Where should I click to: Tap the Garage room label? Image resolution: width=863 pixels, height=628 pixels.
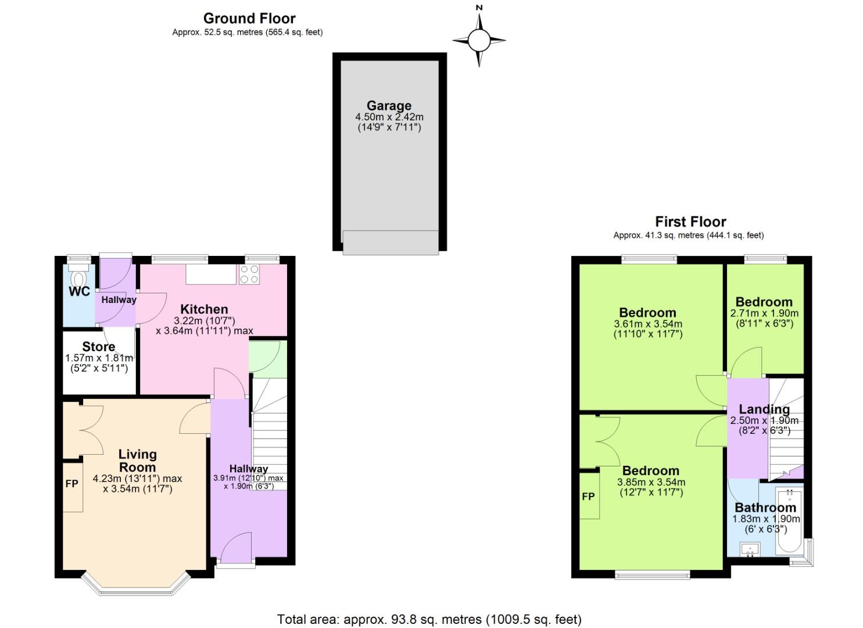(x=389, y=105)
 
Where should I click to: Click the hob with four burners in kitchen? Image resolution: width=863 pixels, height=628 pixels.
(x=249, y=274)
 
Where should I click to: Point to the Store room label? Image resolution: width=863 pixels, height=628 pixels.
(x=98, y=347)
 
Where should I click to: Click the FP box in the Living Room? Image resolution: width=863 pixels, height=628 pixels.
(x=72, y=484)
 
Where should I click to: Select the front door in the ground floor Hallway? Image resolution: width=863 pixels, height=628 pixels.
(x=236, y=549)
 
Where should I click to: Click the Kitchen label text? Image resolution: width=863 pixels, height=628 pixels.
(x=204, y=309)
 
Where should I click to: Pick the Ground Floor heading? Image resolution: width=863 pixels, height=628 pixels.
(x=249, y=18)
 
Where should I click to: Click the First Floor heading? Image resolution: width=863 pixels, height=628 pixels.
(x=690, y=222)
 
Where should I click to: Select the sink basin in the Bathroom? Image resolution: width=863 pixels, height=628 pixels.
(x=750, y=548)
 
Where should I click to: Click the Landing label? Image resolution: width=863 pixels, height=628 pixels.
(x=764, y=409)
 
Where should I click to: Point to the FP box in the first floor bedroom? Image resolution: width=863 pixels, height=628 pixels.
(x=589, y=495)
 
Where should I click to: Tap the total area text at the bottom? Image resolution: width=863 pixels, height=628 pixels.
(x=429, y=619)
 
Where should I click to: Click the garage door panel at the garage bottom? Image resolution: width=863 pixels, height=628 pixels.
(x=390, y=242)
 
